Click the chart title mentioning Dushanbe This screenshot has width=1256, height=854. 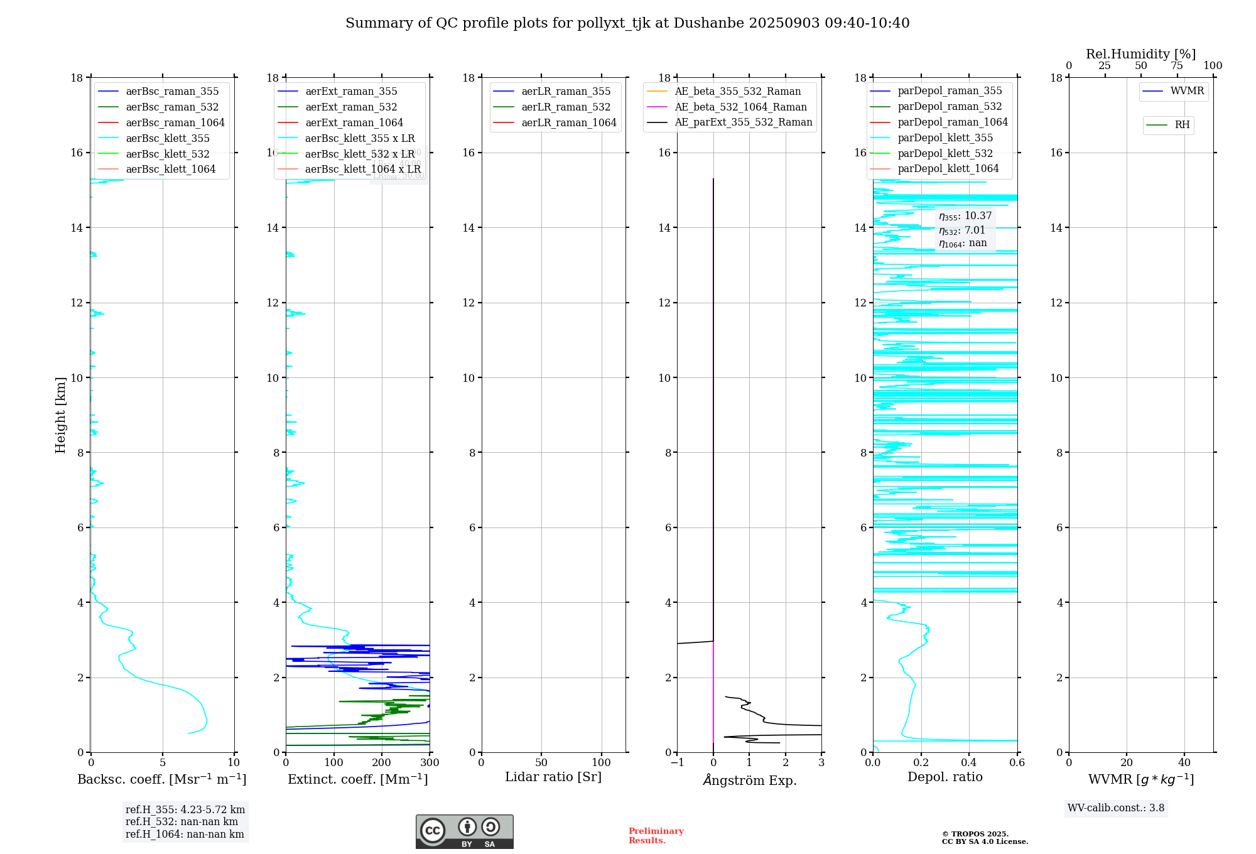[x=627, y=23]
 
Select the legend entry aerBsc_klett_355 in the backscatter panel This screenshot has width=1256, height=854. [x=167, y=138]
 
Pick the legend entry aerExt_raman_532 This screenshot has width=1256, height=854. [x=350, y=107]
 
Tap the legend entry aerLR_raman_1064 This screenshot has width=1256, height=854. [x=568, y=122]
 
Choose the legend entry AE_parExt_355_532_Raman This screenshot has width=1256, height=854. [x=743, y=122]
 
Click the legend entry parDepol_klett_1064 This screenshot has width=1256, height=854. [x=948, y=168]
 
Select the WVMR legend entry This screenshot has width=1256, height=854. [x=1186, y=91]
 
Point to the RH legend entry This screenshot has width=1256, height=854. [x=1181, y=125]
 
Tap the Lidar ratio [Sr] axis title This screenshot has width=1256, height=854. [x=553, y=777]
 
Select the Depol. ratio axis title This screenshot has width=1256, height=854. [x=945, y=777]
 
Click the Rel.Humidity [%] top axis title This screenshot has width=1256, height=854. [x=1140, y=54]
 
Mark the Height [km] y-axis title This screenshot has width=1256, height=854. [x=60, y=414]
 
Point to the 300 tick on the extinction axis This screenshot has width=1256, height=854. [x=430, y=763]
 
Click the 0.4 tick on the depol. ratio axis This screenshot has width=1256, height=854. [x=968, y=763]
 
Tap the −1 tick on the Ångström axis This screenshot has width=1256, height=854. [x=677, y=763]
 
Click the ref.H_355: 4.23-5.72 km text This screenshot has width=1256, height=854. [x=185, y=810]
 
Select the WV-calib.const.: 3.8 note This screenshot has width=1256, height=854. [x=1116, y=808]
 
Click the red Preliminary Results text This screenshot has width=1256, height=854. [x=656, y=836]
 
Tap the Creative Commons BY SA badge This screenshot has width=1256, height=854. [x=464, y=831]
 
